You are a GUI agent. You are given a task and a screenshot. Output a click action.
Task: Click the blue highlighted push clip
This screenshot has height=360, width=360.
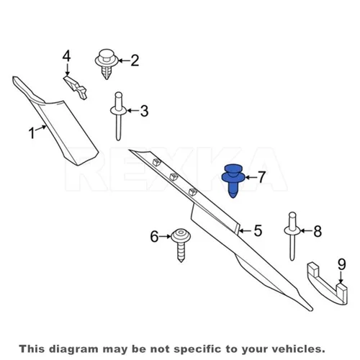(233, 180)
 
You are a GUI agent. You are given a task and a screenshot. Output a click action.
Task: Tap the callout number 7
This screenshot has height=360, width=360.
(261, 177)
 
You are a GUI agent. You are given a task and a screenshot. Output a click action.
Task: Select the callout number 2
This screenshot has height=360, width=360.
(135, 60)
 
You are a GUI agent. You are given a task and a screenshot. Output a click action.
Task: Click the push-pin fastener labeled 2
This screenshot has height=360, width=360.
(107, 63)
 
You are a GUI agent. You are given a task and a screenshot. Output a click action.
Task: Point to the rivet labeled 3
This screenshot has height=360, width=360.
(118, 116)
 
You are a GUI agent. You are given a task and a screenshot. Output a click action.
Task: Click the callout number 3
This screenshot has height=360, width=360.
(144, 111)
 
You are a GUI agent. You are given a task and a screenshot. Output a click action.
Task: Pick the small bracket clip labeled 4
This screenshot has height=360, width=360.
(76, 87)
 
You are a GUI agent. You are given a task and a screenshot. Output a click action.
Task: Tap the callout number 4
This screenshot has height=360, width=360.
(66, 56)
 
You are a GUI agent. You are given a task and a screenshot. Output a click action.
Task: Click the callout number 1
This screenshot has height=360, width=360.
(32, 132)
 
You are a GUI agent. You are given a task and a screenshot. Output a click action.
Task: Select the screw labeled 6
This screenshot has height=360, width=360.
(181, 245)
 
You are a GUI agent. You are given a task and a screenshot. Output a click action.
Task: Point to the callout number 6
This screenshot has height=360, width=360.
(154, 236)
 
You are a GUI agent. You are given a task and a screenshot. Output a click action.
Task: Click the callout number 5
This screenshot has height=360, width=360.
(258, 230)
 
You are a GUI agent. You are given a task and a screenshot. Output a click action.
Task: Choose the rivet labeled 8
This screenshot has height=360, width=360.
(292, 236)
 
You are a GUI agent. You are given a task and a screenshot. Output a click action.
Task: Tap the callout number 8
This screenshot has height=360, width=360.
(318, 231)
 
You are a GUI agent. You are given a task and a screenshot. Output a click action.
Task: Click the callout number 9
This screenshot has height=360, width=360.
(342, 264)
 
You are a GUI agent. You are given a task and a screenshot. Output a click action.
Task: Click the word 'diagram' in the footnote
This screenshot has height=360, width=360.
(73, 349)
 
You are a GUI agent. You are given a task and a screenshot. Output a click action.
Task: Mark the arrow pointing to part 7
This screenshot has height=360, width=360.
(251, 178)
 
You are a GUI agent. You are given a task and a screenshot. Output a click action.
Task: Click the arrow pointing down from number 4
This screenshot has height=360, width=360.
(67, 70)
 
